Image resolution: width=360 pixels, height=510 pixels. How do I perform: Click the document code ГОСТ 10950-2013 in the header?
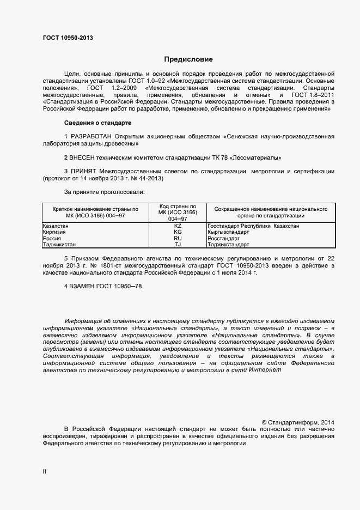click(x=68, y=38)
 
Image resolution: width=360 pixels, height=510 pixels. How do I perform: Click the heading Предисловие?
click(x=188, y=59)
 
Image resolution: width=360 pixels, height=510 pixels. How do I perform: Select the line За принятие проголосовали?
click(x=104, y=192)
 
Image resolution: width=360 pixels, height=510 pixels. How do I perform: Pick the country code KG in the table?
click(x=178, y=232)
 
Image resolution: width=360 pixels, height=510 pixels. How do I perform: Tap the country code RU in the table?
click(x=178, y=239)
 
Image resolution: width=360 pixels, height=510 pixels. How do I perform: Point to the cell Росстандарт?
click(x=224, y=239)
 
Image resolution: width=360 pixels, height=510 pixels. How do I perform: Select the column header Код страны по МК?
click(x=178, y=212)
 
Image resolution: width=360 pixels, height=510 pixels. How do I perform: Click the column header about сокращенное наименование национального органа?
click(x=271, y=212)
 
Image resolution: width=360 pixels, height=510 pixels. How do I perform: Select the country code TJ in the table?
click(x=178, y=245)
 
